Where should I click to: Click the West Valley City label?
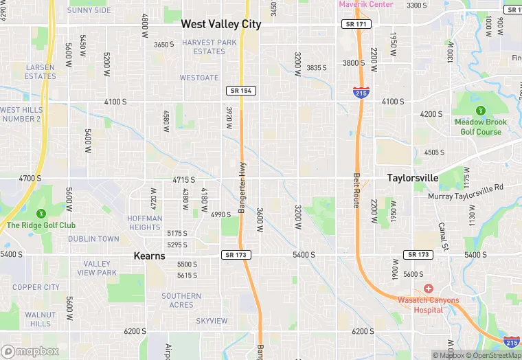click(220, 24)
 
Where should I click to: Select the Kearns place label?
click(149, 256)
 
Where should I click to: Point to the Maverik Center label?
click(365, 4)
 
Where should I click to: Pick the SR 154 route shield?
click(241, 91)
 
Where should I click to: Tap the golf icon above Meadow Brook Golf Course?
click(480, 110)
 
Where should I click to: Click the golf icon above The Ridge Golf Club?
click(41, 213)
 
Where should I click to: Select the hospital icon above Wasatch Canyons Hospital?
click(429, 288)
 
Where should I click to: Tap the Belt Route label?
click(356, 190)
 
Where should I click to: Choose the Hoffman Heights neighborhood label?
click(144, 223)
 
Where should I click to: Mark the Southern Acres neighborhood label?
click(181, 300)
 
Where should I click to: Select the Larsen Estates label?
click(40, 71)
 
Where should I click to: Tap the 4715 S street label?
click(184, 180)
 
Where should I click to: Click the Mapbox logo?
click(30, 351)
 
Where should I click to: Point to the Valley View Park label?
click(97, 268)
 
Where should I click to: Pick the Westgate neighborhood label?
click(199, 78)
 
